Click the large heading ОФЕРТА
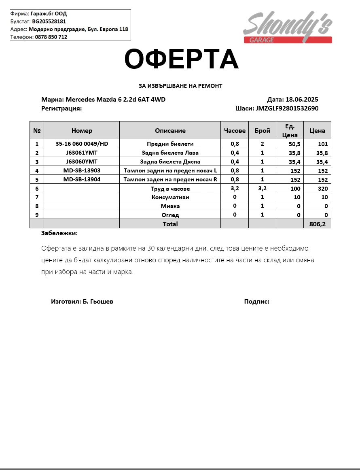tap(181, 59)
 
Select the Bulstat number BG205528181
tap(49, 21)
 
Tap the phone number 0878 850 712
tap(51, 37)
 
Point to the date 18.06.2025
tap(302, 100)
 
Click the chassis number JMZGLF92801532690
tap(287, 108)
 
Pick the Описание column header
tap(170, 130)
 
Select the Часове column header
tap(235, 130)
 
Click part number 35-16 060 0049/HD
tap(82, 144)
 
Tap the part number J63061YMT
tap(82, 153)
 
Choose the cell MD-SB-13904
tap(82, 179)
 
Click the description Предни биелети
tap(170, 144)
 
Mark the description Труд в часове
tap(170, 189)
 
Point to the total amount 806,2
tap(317, 224)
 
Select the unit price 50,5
tap(294, 144)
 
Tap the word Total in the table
tap(170, 224)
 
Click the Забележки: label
tap(59, 233)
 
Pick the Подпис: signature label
tap(256, 302)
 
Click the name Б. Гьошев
tap(98, 302)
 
